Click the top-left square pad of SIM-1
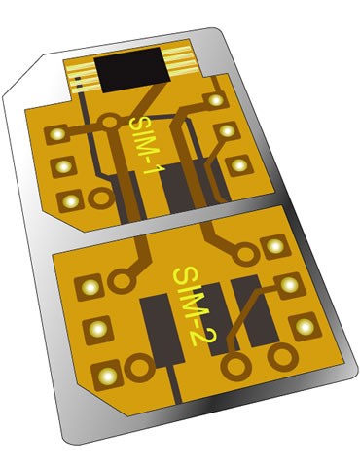click(x=56, y=133)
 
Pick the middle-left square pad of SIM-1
click(x=62, y=166)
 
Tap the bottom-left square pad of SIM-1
click(x=69, y=200)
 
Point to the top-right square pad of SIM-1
click(x=216, y=98)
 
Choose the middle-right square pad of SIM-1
click(x=226, y=130)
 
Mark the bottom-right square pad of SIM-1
click(x=236, y=163)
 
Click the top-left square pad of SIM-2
click(x=90, y=287)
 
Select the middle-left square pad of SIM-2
click(x=96, y=329)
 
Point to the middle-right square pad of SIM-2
click(x=289, y=285)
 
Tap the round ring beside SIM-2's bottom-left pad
click(x=138, y=370)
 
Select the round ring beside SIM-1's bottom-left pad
click(x=98, y=198)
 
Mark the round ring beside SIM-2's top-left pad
click(x=122, y=282)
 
